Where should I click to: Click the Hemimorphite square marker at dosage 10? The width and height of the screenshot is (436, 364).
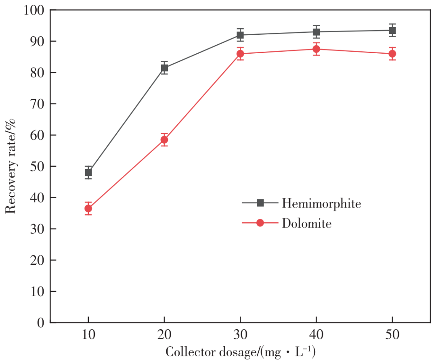[88, 173]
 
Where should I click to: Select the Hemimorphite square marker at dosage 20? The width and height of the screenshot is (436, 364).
[164, 68]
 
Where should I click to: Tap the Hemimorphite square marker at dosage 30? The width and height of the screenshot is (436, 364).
[240, 35]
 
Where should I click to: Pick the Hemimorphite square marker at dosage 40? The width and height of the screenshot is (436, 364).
[316, 32]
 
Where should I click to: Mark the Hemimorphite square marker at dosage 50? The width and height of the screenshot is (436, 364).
[392, 30]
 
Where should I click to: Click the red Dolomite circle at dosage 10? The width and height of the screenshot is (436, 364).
[88, 209]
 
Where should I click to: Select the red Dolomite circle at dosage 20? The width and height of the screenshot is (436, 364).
[164, 140]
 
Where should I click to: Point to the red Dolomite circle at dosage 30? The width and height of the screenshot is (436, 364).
[240, 54]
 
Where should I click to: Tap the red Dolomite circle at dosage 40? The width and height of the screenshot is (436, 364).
[316, 49]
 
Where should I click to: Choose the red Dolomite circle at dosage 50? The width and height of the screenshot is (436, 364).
[392, 54]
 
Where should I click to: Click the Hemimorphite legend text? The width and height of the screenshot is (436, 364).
[321, 203]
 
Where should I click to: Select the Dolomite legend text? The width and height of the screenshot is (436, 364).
[307, 223]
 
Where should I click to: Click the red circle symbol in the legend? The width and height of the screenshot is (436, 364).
[260, 223]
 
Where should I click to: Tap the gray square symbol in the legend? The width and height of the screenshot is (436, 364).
[260, 203]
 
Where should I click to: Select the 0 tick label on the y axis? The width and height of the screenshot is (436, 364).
[40, 322]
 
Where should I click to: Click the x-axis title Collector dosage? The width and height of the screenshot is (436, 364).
[240, 352]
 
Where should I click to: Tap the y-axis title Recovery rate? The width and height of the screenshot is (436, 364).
[11, 166]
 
